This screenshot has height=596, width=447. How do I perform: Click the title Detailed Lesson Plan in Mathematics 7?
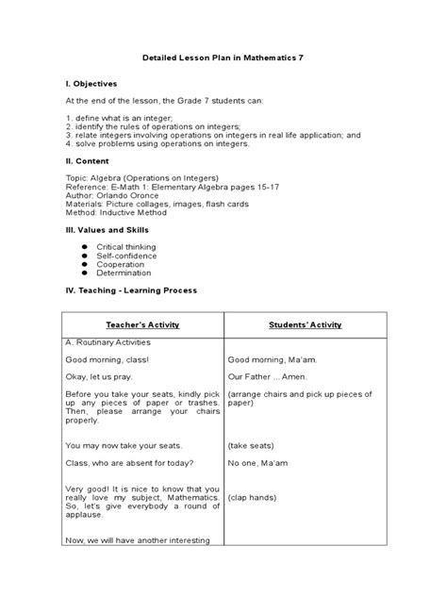click(x=223, y=58)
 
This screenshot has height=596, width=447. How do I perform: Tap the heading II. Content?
click(x=91, y=161)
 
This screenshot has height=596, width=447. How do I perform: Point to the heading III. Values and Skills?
click(x=108, y=230)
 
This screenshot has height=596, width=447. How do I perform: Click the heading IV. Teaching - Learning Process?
click(x=131, y=290)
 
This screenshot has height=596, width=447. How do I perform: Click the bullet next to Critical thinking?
click(x=84, y=246)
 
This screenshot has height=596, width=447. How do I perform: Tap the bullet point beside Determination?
click(x=84, y=273)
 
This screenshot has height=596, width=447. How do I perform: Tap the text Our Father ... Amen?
click(x=263, y=376)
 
